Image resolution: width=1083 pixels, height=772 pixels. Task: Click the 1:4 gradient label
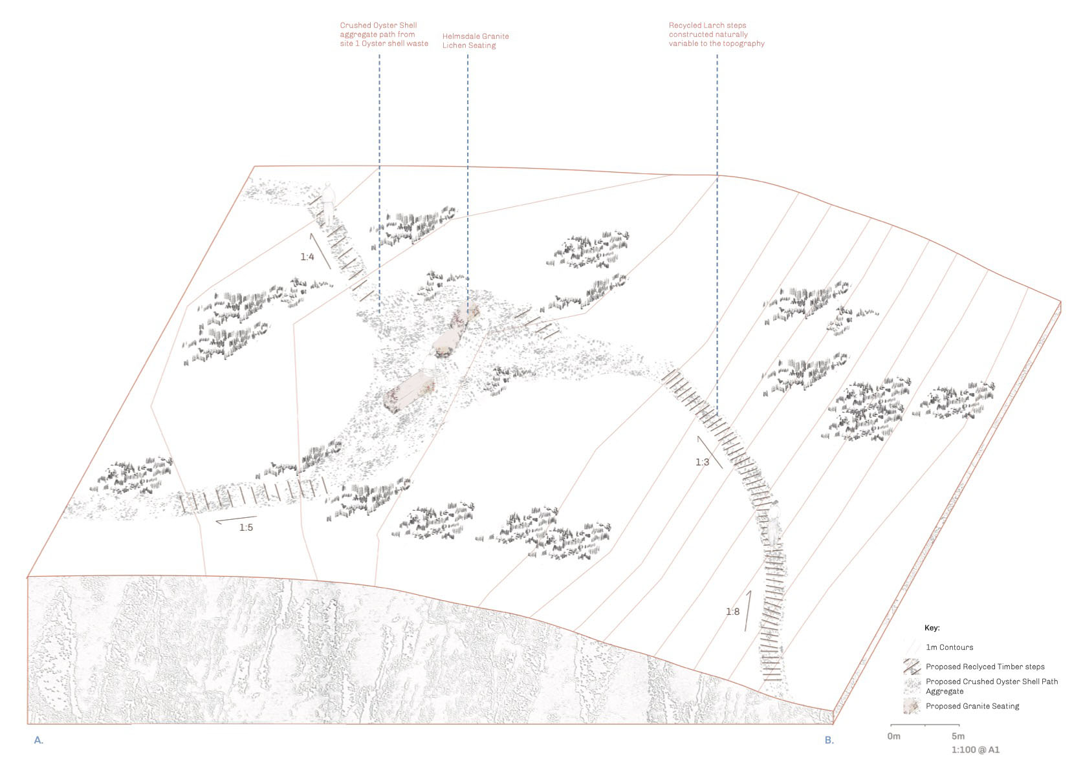pyautogui.click(x=307, y=257)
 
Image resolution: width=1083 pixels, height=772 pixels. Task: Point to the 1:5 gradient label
pyautogui.click(x=246, y=528)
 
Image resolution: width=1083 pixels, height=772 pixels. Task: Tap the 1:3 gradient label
pyautogui.click(x=702, y=462)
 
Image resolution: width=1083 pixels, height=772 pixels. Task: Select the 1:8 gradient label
pyautogui.click(x=732, y=612)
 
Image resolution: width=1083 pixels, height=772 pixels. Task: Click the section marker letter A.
pyautogui.click(x=39, y=740)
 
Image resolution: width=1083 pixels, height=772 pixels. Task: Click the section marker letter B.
pyautogui.click(x=829, y=740)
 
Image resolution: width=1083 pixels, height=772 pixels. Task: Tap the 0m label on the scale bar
pyautogui.click(x=893, y=736)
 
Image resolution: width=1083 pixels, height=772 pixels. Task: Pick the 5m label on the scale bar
pyautogui.click(x=958, y=736)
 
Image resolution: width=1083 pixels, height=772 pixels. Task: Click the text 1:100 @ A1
pyautogui.click(x=975, y=750)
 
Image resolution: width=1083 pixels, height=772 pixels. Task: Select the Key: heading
pyautogui.click(x=932, y=628)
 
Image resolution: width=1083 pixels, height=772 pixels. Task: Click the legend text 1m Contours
pyautogui.click(x=950, y=647)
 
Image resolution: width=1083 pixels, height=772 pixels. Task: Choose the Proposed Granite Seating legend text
pyautogui.click(x=972, y=706)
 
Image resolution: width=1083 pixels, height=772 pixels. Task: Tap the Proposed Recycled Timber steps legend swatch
pyautogui.click(x=912, y=667)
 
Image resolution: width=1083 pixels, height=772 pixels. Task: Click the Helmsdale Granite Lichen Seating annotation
pyautogui.click(x=476, y=41)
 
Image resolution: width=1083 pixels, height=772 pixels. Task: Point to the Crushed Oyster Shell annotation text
pyautogui.click(x=384, y=34)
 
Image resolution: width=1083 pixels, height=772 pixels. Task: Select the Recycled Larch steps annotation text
pyautogui.click(x=717, y=34)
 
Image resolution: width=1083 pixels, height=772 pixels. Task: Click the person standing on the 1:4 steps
pyautogui.click(x=329, y=203)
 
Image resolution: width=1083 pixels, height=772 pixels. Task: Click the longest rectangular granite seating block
pyautogui.click(x=409, y=391)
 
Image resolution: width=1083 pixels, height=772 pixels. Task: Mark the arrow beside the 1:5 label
pyautogui.click(x=236, y=520)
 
